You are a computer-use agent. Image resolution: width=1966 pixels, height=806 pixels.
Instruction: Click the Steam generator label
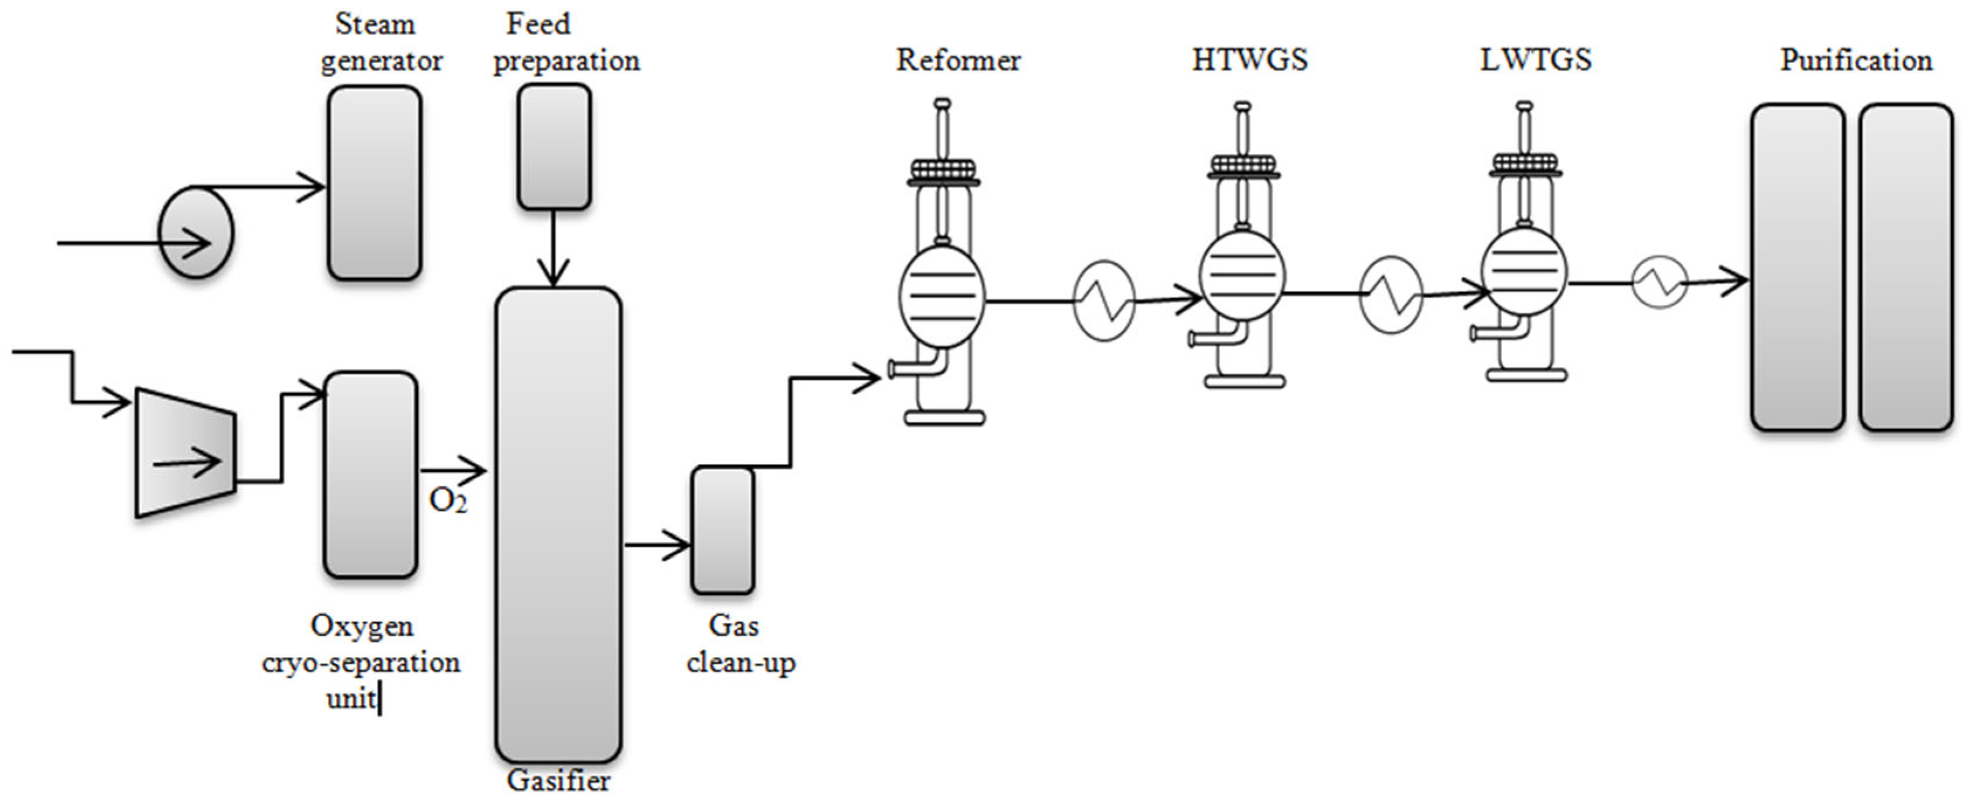379,43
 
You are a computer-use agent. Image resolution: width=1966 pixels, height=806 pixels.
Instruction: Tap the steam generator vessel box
374,183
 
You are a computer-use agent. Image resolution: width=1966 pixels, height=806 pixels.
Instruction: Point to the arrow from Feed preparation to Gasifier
554,248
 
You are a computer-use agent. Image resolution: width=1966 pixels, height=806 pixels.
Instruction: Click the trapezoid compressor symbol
185,452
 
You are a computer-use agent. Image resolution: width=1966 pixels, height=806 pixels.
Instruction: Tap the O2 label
447,501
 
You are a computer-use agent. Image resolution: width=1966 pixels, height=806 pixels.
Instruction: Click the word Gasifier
558,781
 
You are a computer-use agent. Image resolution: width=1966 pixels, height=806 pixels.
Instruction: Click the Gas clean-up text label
739,644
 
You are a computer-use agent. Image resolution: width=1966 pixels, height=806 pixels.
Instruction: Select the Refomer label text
958,60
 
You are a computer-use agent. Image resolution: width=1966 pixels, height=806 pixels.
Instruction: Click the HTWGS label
1249,60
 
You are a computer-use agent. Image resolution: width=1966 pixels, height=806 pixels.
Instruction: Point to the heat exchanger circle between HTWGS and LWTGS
1390,294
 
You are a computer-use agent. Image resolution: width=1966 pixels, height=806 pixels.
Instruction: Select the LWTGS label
1535,60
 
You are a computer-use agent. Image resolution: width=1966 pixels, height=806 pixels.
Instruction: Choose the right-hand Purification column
1905,267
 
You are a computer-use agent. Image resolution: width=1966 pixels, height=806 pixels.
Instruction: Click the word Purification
1856,60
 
